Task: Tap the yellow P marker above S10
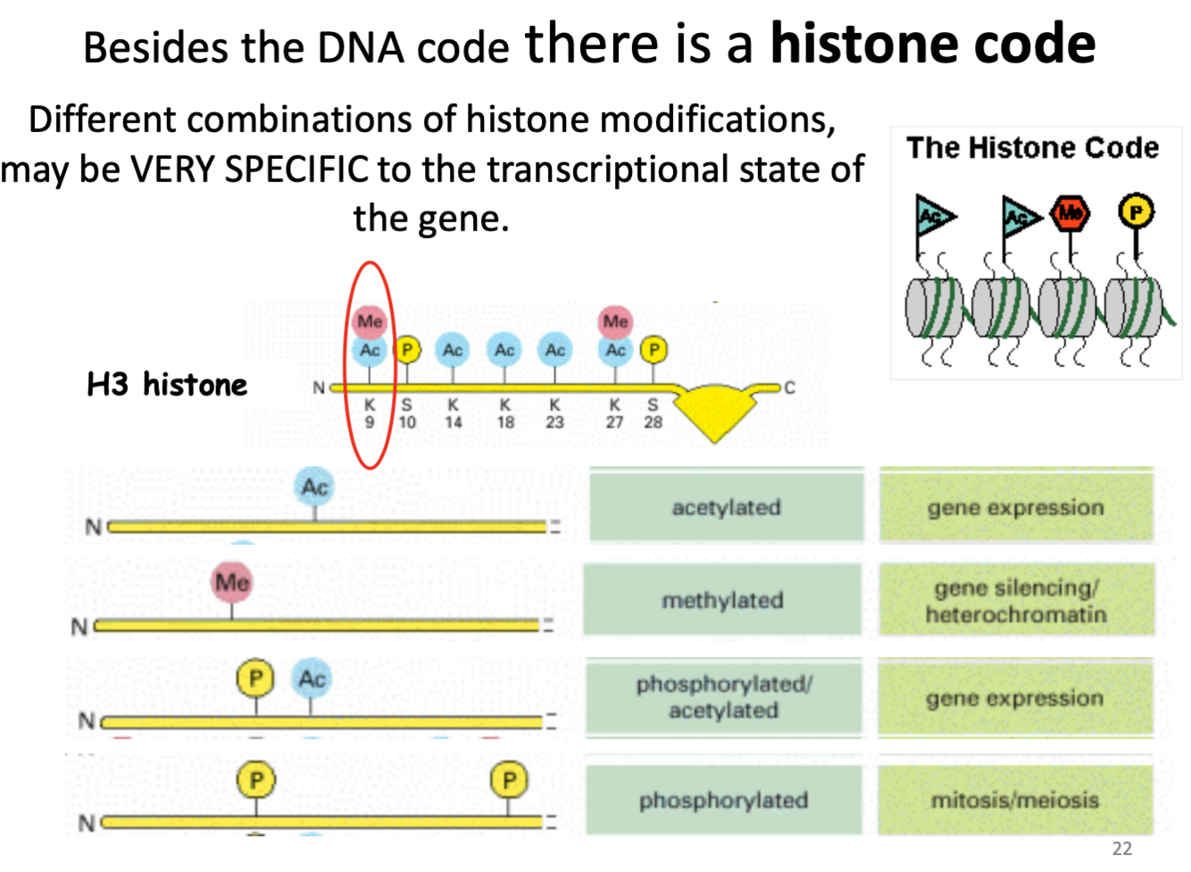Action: pyautogui.click(x=407, y=349)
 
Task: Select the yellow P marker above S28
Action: pyautogui.click(x=654, y=349)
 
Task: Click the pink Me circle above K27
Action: pyautogui.click(x=615, y=321)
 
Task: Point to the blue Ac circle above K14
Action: pyautogui.click(x=453, y=350)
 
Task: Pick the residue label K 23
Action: pyautogui.click(x=554, y=413)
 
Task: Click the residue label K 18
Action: pyautogui.click(x=505, y=413)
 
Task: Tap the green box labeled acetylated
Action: pyautogui.click(x=726, y=507)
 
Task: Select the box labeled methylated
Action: pyautogui.click(x=722, y=600)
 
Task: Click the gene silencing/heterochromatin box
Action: pyautogui.click(x=1016, y=600)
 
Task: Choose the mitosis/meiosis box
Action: pyautogui.click(x=1015, y=800)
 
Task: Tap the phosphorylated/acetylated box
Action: pyautogui.click(x=723, y=697)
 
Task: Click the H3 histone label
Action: pyautogui.click(x=167, y=385)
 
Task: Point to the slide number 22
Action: pyautogui.click(x=1121, y=848)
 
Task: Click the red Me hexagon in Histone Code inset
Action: pyautogui.click(x=1070, y=212)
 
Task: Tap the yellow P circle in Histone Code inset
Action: pyautogui.click(x=1136, y=212)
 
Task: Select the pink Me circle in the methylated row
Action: pyautogui.click(x=232, y=582)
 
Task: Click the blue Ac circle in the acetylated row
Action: pyautogui.click(x=314, y=487)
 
